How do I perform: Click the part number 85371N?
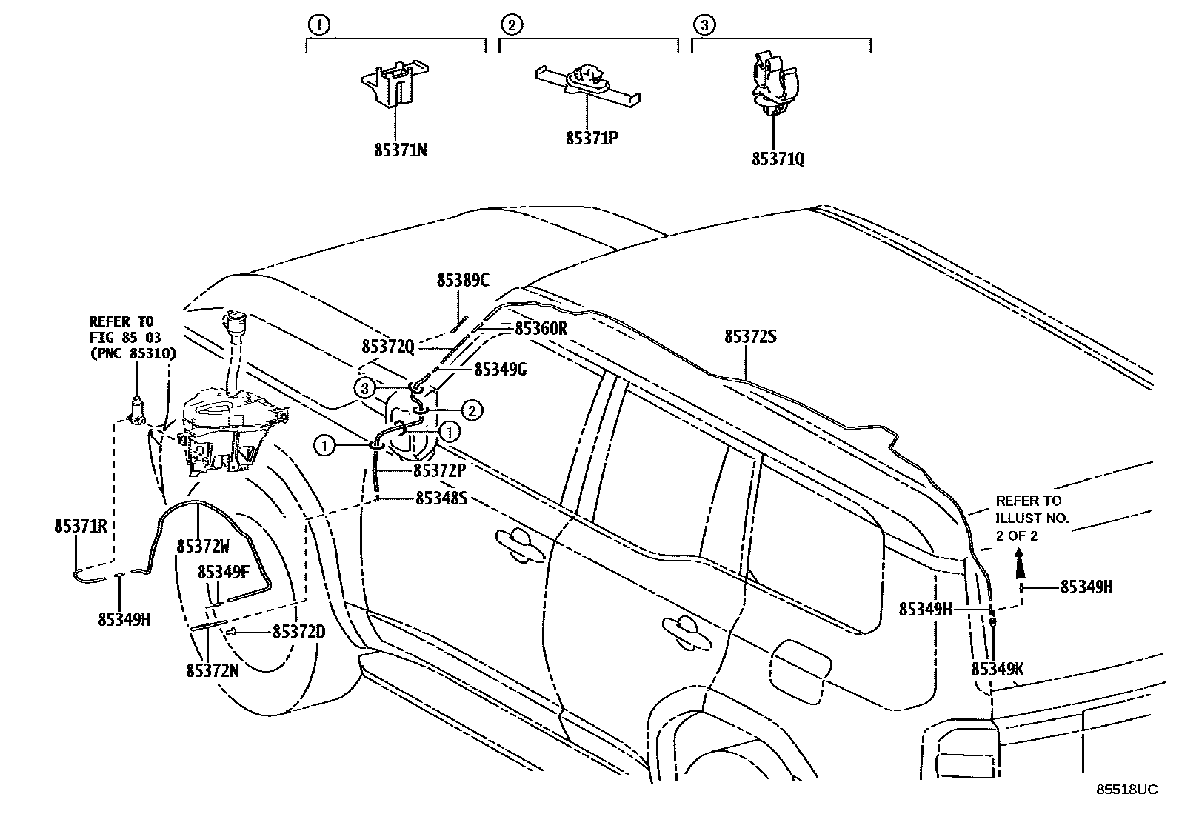point(400,150)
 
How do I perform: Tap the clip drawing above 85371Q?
point(774,83)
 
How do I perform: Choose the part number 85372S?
point(750,337)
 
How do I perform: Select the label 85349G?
point(500,369)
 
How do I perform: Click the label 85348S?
point(441,498)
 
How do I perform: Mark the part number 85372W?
point(203,546)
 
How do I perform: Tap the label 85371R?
point(81,526)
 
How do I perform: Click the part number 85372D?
point(298,632)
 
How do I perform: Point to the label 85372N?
point(212,670)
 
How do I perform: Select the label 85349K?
point(997,669)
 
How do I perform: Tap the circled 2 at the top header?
point(510,26)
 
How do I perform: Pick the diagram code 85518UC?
point(1126,790)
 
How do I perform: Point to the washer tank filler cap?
point(234,324)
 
